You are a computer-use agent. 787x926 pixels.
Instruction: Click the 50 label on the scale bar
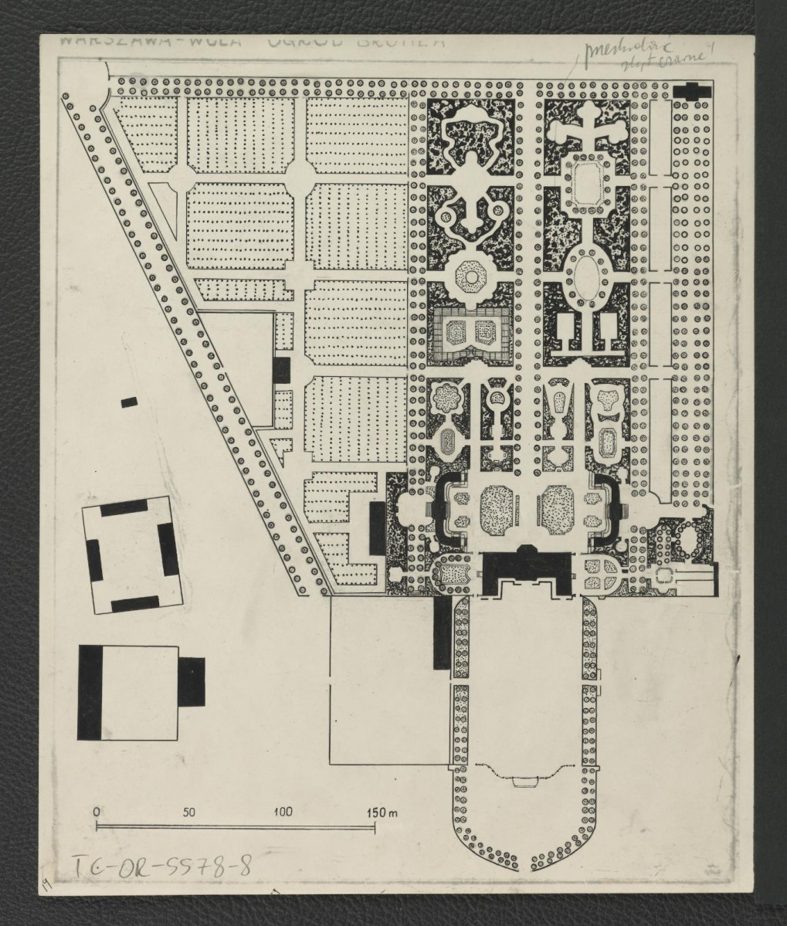(189, 812)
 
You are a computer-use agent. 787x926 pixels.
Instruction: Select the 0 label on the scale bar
(96, 812)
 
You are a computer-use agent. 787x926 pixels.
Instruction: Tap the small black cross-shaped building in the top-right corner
(690, 90)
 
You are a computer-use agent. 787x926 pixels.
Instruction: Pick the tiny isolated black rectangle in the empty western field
(129, 401)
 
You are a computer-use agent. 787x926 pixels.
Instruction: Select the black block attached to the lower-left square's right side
(193, 680)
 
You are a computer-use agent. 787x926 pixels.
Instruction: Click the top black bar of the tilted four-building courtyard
(119, 507)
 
